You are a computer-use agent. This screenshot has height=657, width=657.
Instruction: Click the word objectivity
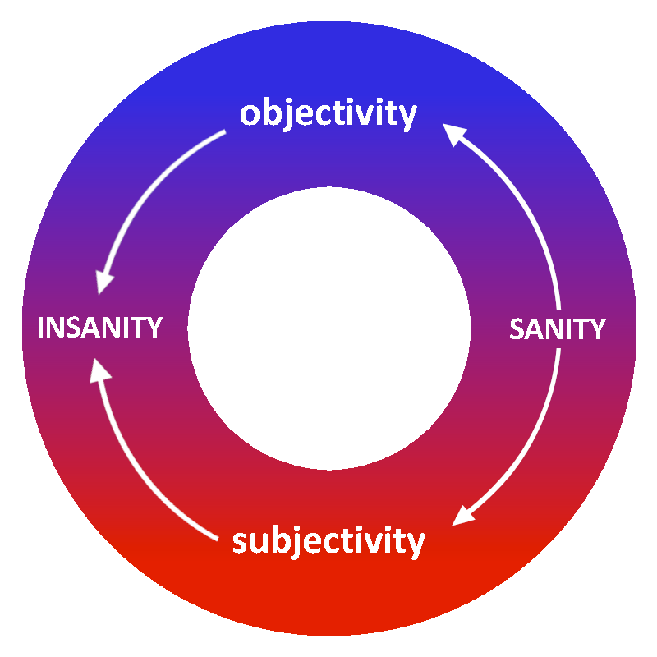click(328, 113)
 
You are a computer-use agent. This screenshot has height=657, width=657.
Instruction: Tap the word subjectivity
click(328, 541)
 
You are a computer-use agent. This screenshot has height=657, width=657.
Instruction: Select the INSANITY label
click(100, 328)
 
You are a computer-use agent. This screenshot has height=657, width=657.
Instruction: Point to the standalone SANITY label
click(558, 329)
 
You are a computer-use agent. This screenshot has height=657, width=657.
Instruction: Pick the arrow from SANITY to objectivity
click(526, 197)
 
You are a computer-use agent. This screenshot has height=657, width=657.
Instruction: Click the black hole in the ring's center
click(328, 328)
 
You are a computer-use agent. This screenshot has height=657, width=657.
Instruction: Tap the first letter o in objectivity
click(250, 115)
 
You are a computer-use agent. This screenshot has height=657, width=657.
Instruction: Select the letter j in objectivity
click(287, 117)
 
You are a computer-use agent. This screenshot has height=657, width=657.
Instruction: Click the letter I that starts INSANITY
click(42, 328)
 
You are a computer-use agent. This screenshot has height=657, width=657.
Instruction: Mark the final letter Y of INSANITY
click(154, 328)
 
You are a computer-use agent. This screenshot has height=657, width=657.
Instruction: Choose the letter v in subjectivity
click(378, 543)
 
